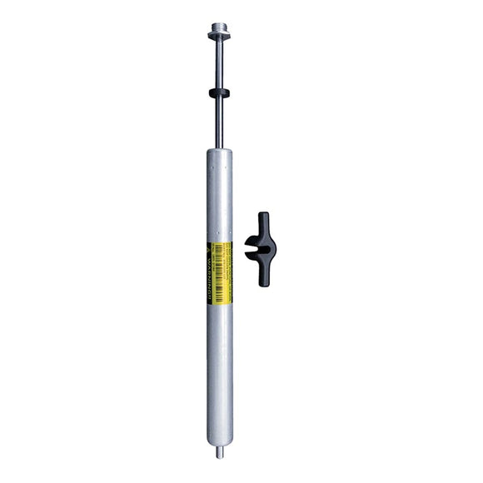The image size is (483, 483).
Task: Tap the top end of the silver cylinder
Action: tap(217, 153)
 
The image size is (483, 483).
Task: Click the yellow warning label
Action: tap(218, 271)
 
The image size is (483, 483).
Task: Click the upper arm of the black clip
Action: tap(263, 223)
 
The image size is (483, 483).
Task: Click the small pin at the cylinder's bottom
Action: tap(219, 453)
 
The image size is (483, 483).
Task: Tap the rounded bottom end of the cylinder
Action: tap(218, 444)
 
